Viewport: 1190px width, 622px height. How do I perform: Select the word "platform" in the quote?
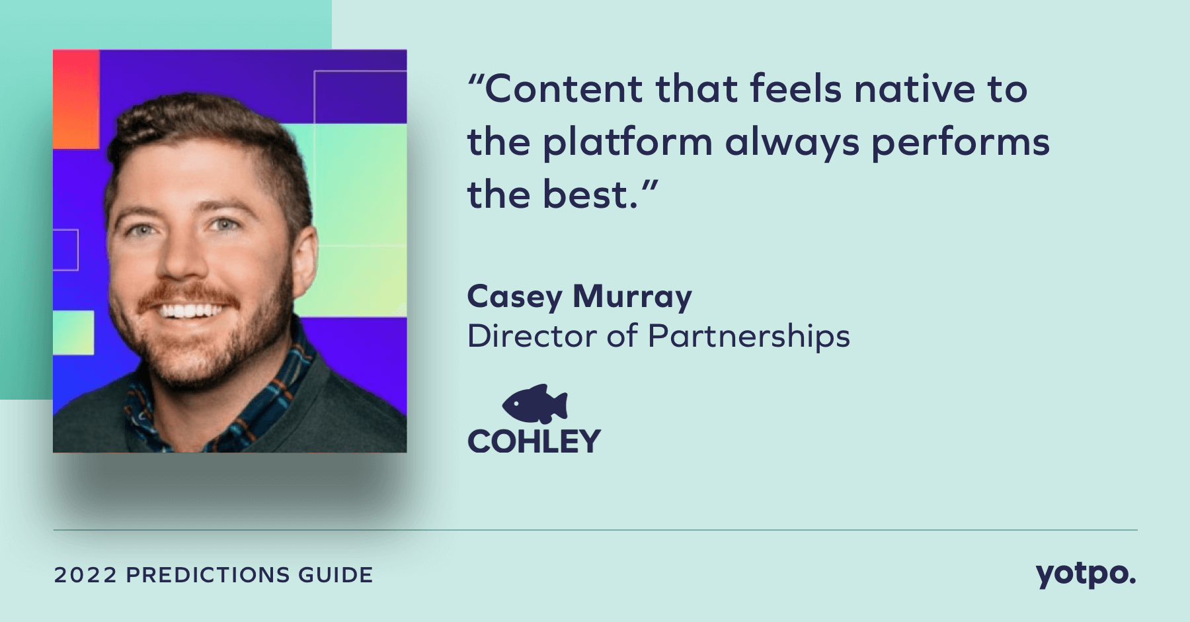click(x=627, y=143)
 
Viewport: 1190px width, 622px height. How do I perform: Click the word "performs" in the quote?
click(x=961, y=143)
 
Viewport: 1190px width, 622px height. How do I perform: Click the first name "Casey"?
click(x=514, y=297)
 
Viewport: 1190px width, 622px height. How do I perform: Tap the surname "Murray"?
click(x=632, y=297)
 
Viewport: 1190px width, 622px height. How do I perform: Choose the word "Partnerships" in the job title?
click(x=748, y=337)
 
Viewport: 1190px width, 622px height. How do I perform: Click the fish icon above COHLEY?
click(x=535, y=404)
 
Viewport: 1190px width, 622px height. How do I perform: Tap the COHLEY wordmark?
click(x=534, y=441)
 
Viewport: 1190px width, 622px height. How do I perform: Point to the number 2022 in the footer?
click(x=85, y=574)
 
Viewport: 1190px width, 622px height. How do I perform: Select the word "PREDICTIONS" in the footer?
click(x=208, y=574)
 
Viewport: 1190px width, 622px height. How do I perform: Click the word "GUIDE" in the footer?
click(x=335, y=574)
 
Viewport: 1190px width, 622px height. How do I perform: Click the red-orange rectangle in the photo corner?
click(x=76, y=99)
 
